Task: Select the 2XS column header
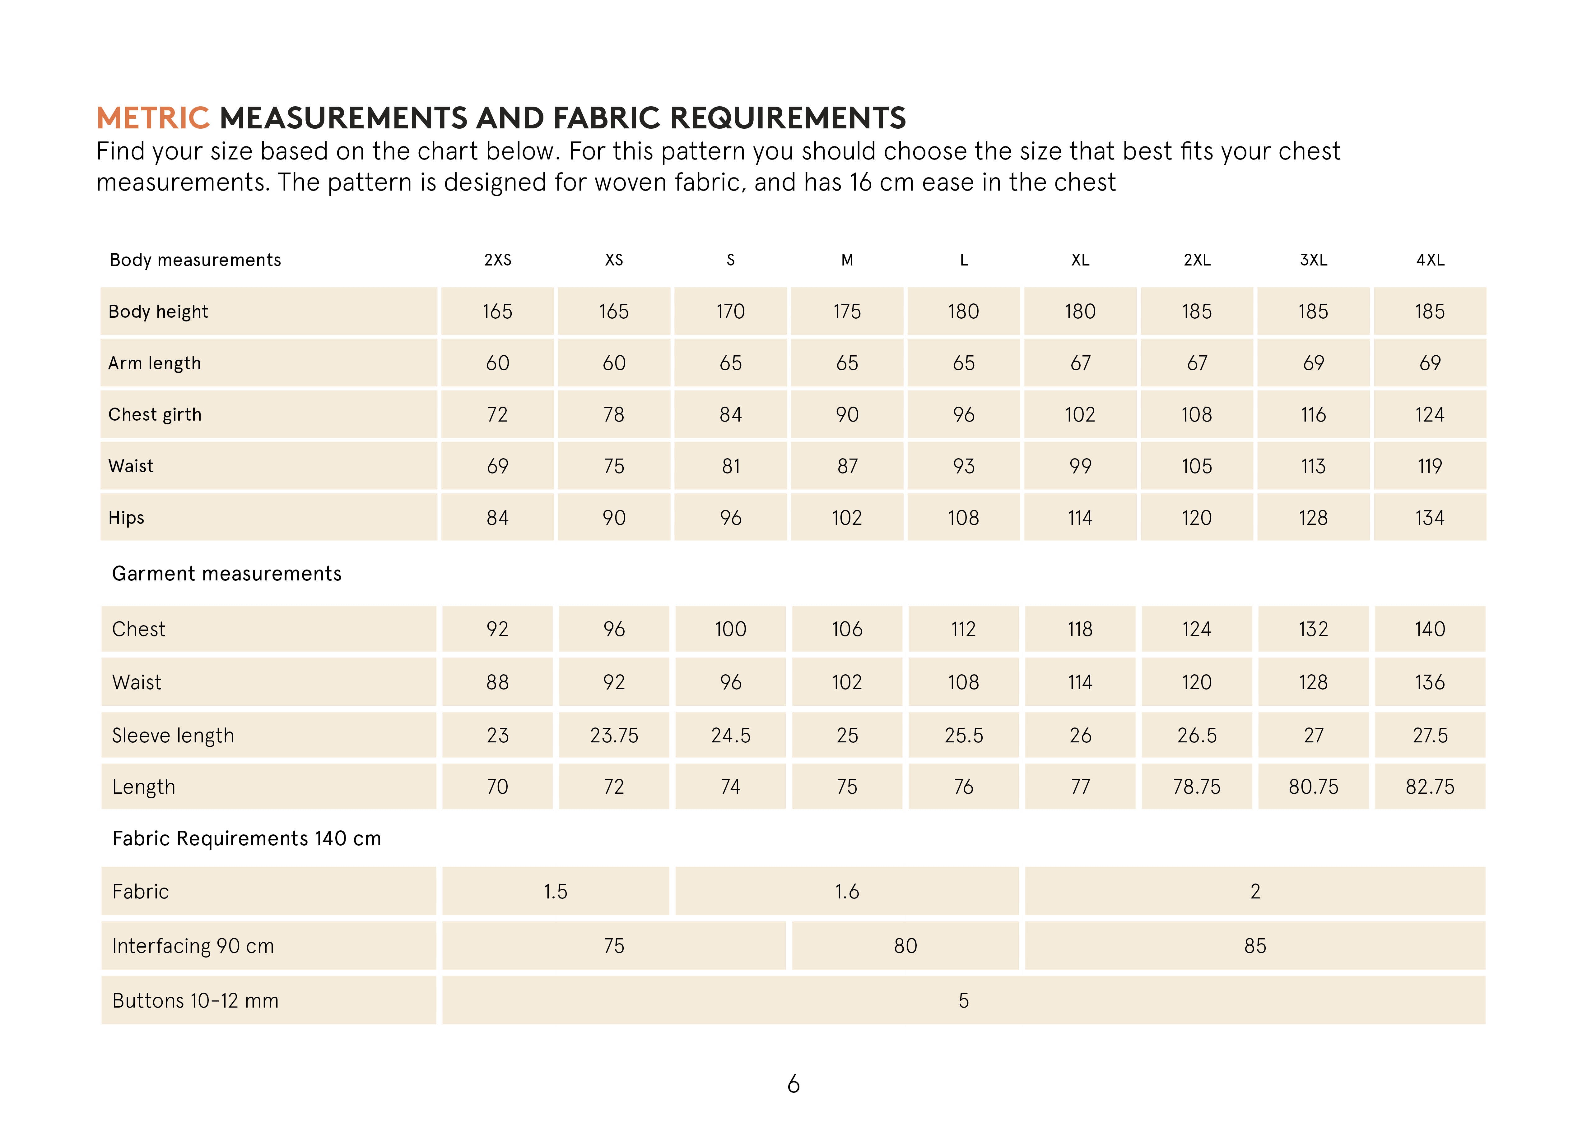coord(497,260)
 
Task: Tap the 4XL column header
coord(1430,260)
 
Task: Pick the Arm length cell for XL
coord(1080,363)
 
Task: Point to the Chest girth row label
coord(155,414)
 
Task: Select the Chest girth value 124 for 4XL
coord(1430,414)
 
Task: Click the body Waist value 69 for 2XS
coord(497,466)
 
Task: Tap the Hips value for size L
coord(963,517)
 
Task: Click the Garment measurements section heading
coord(226,573)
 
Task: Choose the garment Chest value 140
coord(1430,629)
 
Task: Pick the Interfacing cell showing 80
coord(905,946)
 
